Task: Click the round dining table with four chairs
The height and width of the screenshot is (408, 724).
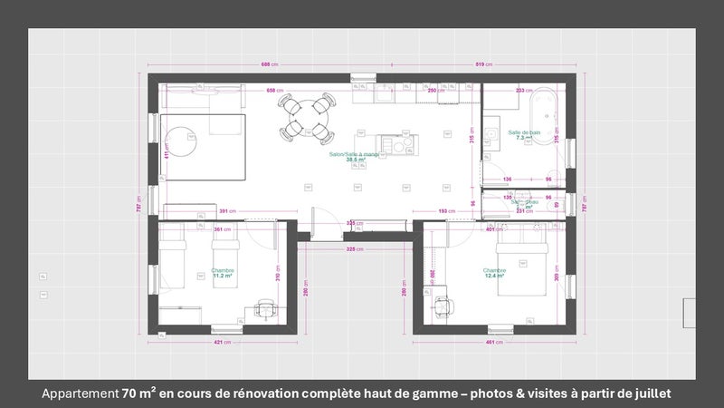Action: pos(307,119)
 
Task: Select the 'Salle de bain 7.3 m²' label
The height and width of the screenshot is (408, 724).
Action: pos(524,135)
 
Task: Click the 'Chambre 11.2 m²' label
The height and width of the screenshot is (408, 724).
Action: pos(224,273)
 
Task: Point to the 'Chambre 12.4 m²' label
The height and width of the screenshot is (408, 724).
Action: pos(494,273)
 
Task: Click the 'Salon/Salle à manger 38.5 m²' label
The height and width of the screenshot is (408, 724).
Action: pos(354,158)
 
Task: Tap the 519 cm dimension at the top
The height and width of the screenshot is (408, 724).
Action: pos(484,64)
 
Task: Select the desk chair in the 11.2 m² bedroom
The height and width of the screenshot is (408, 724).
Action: pos(265,308)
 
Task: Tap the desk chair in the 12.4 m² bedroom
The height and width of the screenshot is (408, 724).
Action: pos(442,306)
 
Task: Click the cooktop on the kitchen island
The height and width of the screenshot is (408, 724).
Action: pos(395,142)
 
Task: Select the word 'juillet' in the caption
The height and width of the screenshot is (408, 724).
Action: pos(648,394)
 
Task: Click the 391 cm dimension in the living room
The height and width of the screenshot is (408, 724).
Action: pos(227,212)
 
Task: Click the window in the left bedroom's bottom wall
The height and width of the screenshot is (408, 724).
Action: pos(223,329)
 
